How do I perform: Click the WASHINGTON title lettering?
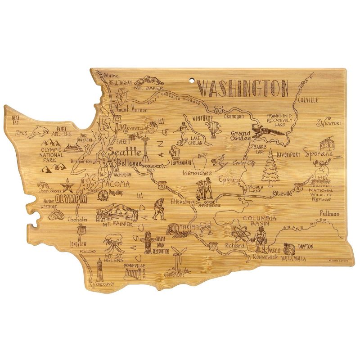[243, 89]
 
